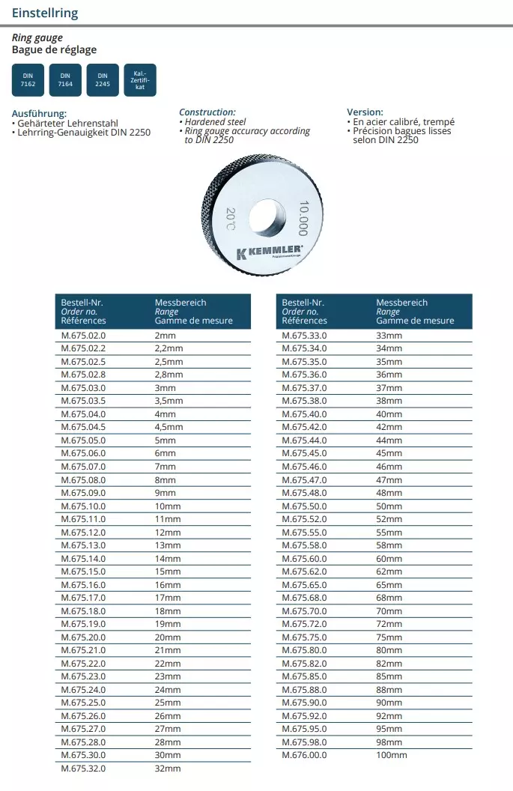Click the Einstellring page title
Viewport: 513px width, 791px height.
(45, 13)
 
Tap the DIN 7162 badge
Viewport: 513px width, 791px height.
(28, 79)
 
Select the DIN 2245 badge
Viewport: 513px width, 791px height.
(103, 79)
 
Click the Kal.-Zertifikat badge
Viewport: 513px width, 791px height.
(140, 79)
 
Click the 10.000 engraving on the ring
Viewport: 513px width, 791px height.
(303, 218)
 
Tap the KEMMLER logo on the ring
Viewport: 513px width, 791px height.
(270, 251)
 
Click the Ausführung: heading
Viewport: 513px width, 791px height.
(40, 114)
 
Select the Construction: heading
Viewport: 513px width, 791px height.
(207, 112)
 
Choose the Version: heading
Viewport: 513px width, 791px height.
(365, 112)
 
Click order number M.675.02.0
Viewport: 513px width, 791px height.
(83, 336)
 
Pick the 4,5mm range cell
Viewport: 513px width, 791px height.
(169, 428)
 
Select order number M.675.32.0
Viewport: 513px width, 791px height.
(83, 769)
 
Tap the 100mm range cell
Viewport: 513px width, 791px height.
(391, 755)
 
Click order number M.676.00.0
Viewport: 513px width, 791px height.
(304, 755)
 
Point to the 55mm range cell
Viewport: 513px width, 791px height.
(389, 533)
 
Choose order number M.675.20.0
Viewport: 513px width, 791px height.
(83, 637)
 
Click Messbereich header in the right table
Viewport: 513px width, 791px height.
(402, 303)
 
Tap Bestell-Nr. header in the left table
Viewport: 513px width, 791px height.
(82, 303)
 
